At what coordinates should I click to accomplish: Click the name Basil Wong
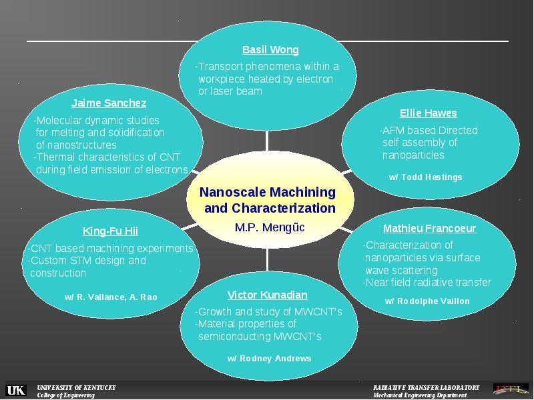(270, 49)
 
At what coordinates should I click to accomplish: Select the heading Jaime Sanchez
(109, 103)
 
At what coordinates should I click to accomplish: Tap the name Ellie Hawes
(428, 113)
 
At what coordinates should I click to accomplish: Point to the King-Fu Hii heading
(110, 231)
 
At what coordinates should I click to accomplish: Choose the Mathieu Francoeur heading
(429, 228)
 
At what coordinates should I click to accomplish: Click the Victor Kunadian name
(268, 295)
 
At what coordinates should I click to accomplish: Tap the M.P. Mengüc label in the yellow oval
(270, 227)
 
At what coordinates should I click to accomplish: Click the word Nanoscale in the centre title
(235, 192)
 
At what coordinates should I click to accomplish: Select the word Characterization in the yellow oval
(284, 208)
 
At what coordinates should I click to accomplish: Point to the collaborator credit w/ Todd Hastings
(425, 177)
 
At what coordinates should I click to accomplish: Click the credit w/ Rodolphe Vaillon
(427, 301)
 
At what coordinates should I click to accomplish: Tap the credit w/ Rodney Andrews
(270, 359)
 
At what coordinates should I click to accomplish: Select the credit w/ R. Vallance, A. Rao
(111, 297)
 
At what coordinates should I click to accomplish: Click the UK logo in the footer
(16, 390)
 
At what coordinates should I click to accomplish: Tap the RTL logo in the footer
(511, 389)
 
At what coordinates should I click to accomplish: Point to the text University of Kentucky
(76, 387)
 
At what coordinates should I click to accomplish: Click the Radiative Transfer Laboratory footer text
(426, 387)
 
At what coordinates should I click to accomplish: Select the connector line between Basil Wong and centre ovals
(267, 141)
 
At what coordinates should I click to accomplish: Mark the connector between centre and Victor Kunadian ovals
(268, 259)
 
